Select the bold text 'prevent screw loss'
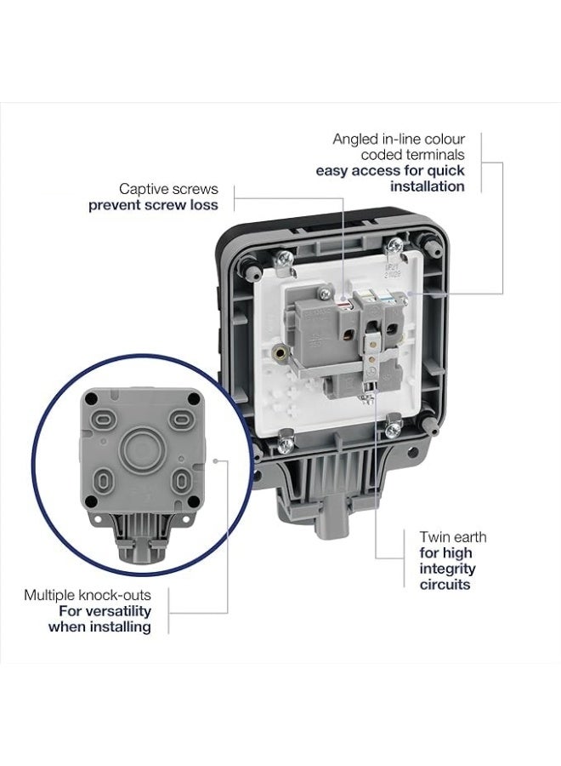(153, 205)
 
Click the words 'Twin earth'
(453, 537)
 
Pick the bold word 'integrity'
(447, 569)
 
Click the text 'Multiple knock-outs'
(88, 595)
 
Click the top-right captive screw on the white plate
(394, 246)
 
